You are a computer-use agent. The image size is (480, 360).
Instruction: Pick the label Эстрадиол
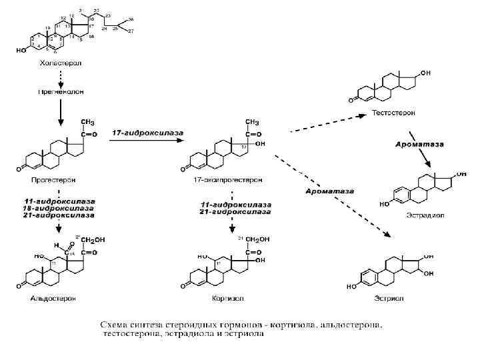pos(424,215)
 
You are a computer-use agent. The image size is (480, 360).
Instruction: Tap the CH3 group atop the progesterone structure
pos(87,122)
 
